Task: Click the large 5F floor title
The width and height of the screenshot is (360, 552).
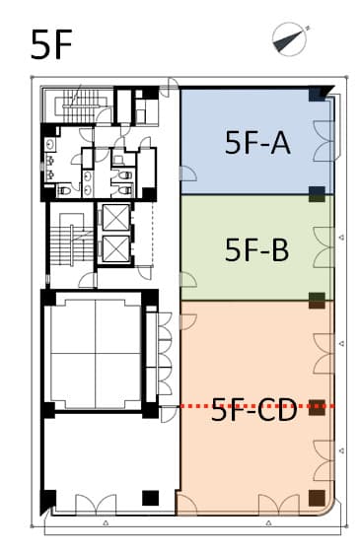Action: [51, 44]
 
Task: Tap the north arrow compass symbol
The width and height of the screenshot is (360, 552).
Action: [290, 39]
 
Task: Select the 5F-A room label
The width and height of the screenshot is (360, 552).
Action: [257, 143]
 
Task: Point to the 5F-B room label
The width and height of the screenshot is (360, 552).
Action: [257, 249]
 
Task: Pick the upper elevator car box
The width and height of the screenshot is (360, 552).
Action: [115, 217]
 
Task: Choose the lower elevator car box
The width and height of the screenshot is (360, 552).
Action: [115, 248]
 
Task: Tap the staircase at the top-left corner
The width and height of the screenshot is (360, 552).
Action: [82, 105]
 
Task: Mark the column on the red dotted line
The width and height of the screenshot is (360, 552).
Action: [317, 407]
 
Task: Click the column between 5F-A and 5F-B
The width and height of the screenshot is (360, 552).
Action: [317, 194]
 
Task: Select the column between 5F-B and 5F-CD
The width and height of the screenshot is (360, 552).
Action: [317, 301]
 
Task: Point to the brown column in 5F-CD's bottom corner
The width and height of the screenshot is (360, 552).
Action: [317, 498]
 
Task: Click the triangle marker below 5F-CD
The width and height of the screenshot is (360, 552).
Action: [268, 522]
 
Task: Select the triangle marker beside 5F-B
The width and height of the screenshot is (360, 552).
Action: [340, 238]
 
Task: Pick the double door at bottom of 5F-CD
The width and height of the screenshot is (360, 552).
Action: [279, 505]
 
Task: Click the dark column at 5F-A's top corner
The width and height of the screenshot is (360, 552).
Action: [318, 94]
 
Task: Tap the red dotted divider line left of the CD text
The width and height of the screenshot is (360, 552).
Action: [196, 406]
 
